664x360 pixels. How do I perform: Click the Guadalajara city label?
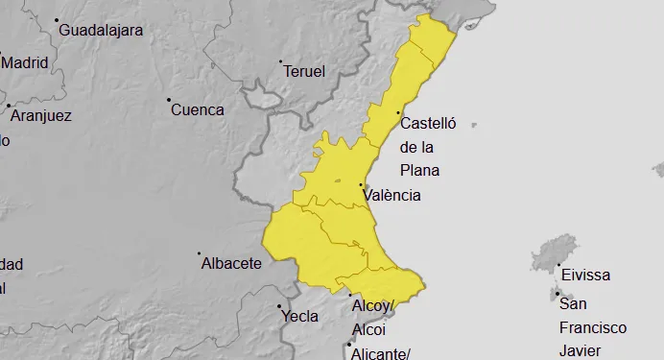pos(101,30)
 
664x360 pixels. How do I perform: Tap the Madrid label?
pos(25,63)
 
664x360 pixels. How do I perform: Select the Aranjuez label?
pos(41,115)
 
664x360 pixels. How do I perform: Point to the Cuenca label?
pos(198,109)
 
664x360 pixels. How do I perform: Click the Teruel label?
pos(305,71)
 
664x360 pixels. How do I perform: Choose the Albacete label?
pos(231,263)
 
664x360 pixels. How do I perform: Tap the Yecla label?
pos(298,315)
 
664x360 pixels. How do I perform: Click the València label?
pos(392,195)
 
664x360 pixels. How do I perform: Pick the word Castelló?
pos(428,123)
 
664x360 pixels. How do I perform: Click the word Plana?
pos(419,171)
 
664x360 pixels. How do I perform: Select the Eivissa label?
pos(585,275)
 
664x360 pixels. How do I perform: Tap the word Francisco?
pos(593,327)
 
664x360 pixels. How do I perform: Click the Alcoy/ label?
pos(374,306)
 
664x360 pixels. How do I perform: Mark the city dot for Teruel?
pos(281,62)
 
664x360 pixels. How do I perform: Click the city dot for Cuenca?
pos(169,100)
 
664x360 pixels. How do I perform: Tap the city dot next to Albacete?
pos(199,254)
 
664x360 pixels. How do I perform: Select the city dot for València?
pos(361,184)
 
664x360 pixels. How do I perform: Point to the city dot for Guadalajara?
pos(57,20)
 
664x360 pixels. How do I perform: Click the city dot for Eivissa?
pos(558,266)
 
